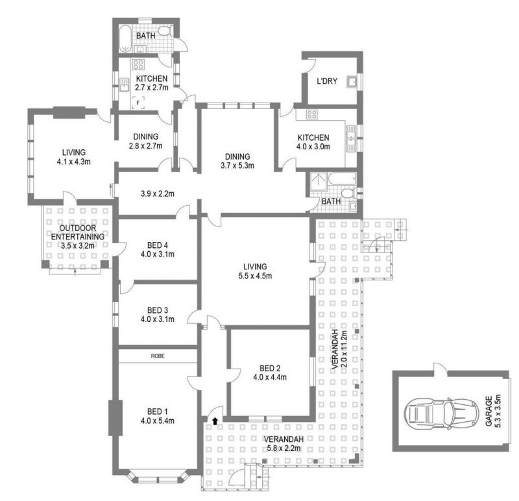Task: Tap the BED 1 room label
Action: coord(157,411)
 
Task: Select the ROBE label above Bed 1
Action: coord(158,356)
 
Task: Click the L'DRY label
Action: coord(327,81)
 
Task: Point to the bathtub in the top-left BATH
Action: coord(125,39)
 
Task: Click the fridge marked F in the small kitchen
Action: coord(138,103)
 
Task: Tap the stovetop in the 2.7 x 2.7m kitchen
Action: coord(138,64)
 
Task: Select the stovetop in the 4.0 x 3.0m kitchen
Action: coord(311,115)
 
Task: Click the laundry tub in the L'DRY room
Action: coord(352,82)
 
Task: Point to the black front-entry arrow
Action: coord(215,421)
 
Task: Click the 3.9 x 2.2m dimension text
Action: coord(158,193)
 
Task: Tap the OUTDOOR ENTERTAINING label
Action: coord(78,232)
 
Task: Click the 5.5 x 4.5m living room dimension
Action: coord(255,276)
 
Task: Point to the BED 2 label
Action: coord(270,368)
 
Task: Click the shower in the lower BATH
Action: coord(319,181)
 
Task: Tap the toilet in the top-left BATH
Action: coord(165,31)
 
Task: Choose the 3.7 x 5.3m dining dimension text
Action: coord(237,165)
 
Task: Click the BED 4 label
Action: coord(158,245)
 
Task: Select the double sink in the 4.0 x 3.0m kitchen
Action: coord(351,138)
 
